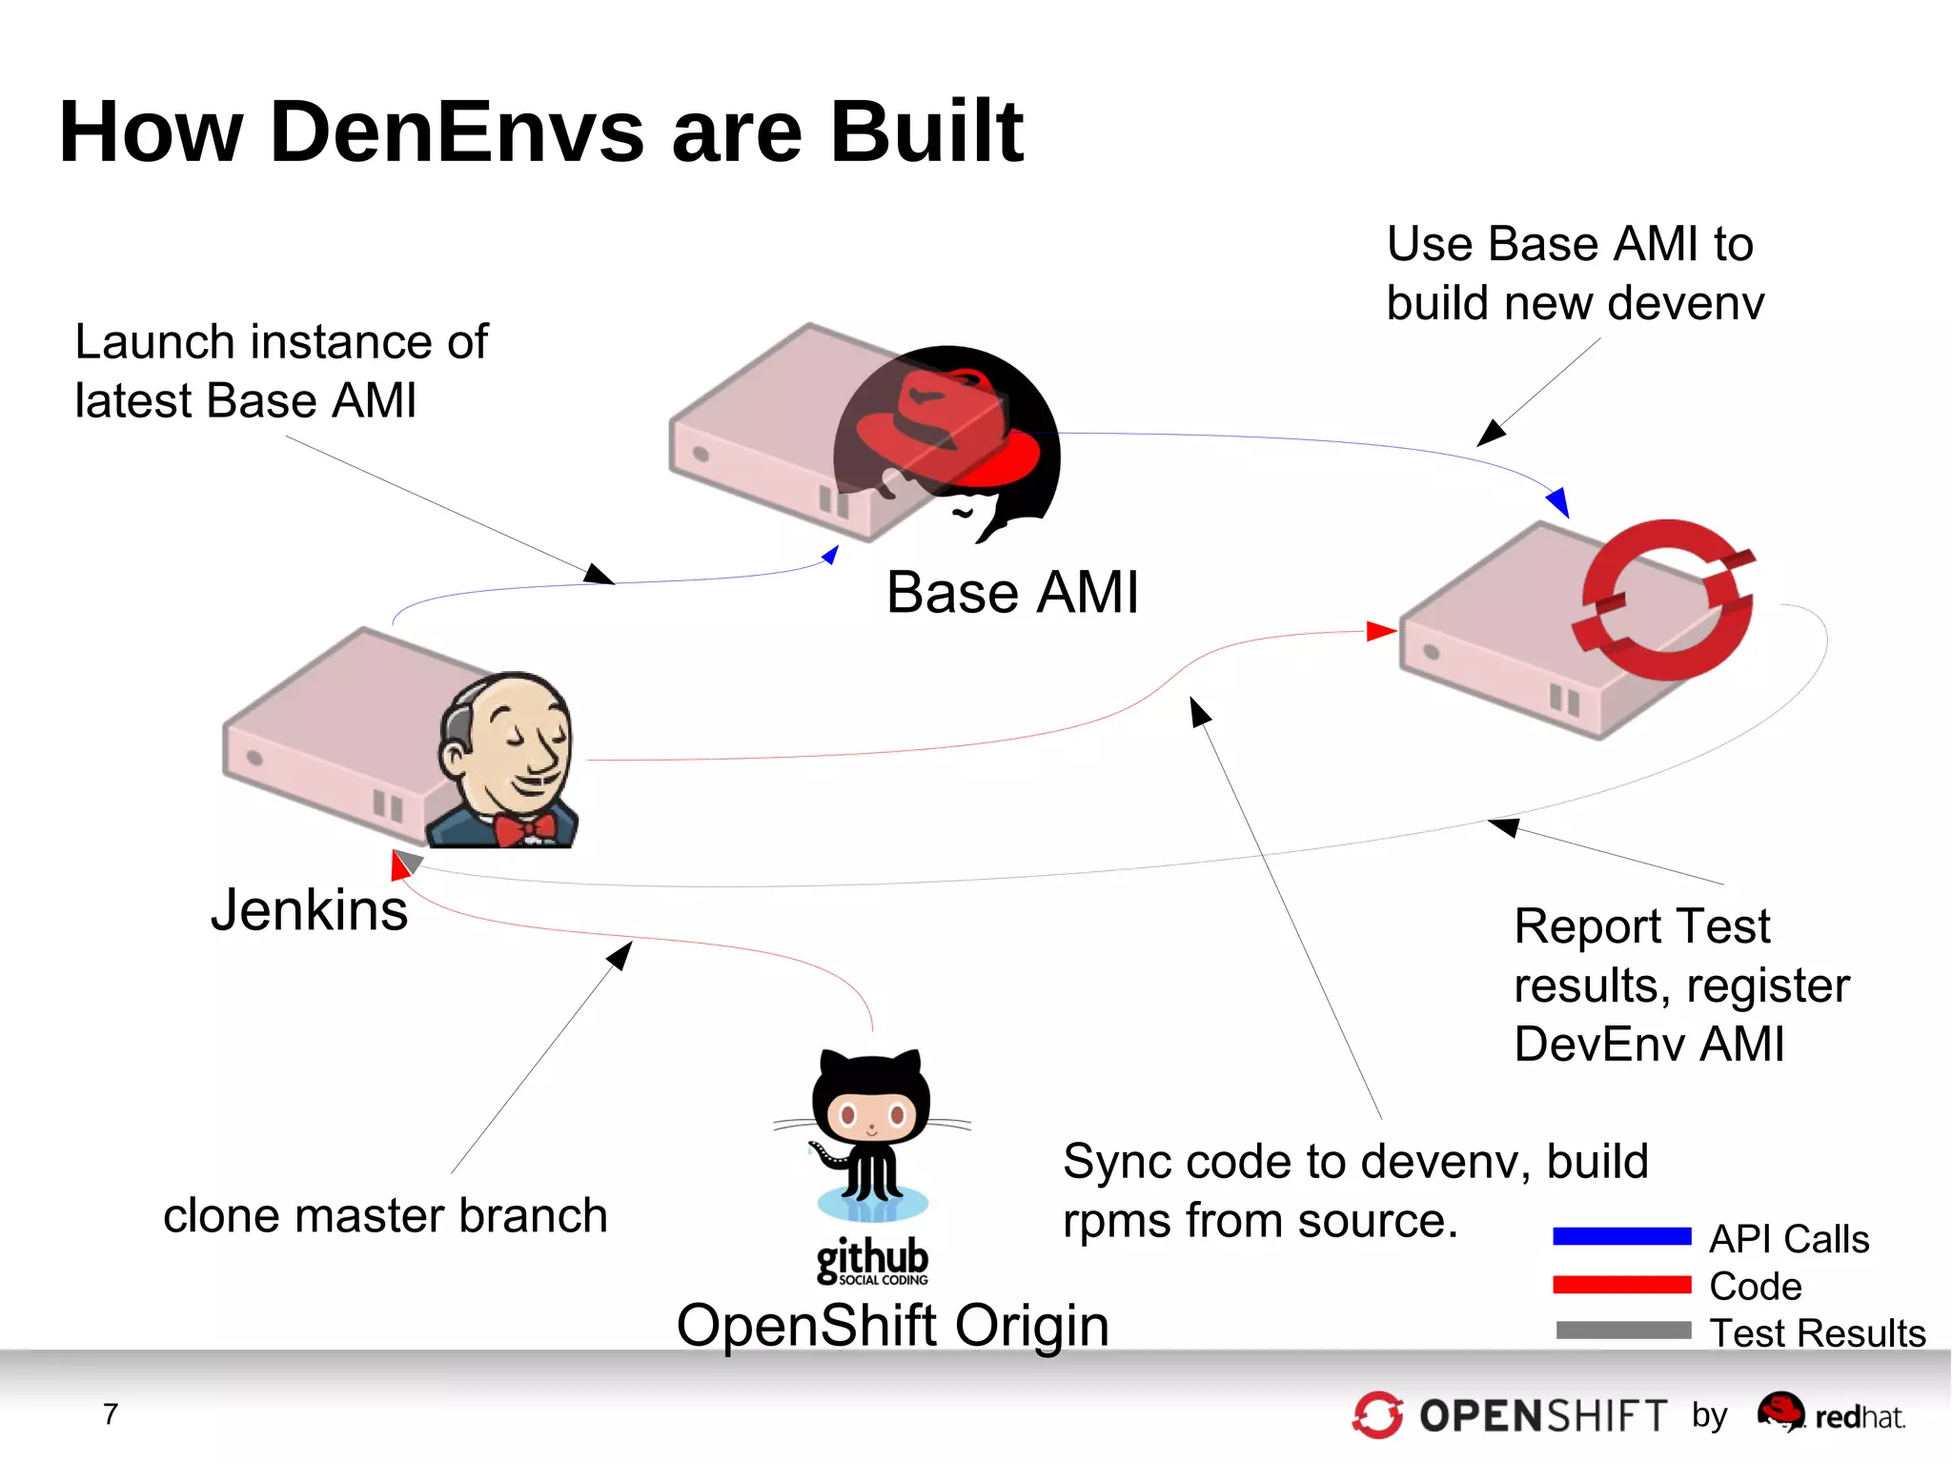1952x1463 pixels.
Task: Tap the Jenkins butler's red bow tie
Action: click(525, 827)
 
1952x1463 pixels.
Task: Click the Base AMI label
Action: click(1012, 592)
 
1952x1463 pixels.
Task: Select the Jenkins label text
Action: click(309, 909)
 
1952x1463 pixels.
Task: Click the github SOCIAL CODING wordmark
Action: click(872, 1261)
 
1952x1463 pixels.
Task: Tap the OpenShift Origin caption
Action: click(892, 1325)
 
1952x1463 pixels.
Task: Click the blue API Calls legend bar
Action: click(1621, 1236)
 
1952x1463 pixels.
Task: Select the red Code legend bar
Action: click(1621, 1284)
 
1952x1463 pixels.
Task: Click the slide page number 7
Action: click(111, 1413)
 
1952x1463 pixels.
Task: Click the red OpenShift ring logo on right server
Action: click(1664, 599)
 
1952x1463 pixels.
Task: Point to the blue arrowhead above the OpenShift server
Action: click(1558, 501)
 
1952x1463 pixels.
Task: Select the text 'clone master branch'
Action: click(385, 1215)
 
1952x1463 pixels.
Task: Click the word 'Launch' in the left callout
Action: click(154, 341)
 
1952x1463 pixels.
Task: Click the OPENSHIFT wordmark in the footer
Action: click(1543, 1415)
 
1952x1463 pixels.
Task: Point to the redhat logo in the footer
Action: click(1831, 1413)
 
